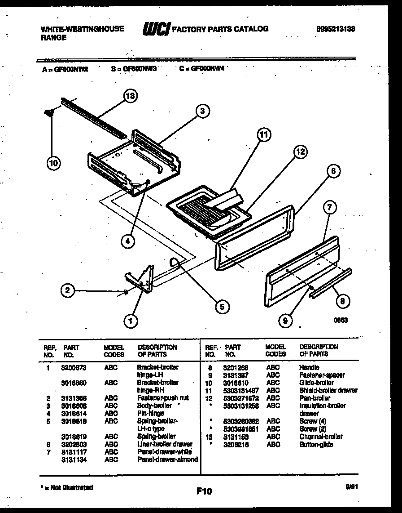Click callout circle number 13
click(130, 95)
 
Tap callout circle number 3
click(203, 111)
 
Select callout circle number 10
click(53, 163)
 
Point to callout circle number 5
click(221, 307)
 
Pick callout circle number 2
click(67, 290)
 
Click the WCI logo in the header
click(156, 29)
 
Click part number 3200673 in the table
click(73, 367)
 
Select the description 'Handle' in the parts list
click(309, 367)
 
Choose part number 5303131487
click(240, 390)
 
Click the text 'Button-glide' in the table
click(316, 444)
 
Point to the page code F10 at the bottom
click(204, 491)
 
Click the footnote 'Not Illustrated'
click(67, 487)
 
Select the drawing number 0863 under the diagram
click(341, 320)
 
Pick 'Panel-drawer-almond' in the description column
click(167, 459)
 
